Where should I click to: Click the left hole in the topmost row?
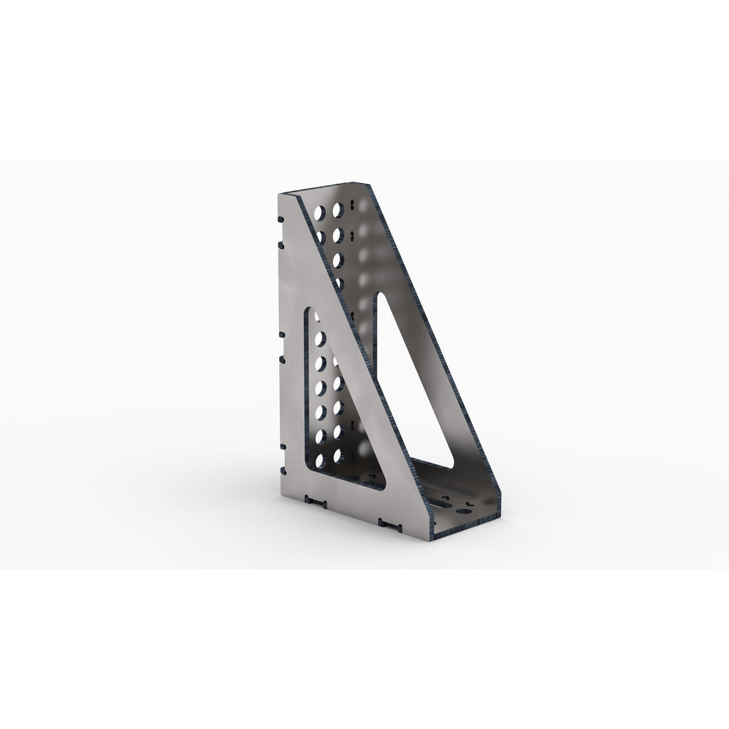point(318,212)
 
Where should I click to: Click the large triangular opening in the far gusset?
point(413,384)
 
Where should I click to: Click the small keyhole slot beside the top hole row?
point(352,209)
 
